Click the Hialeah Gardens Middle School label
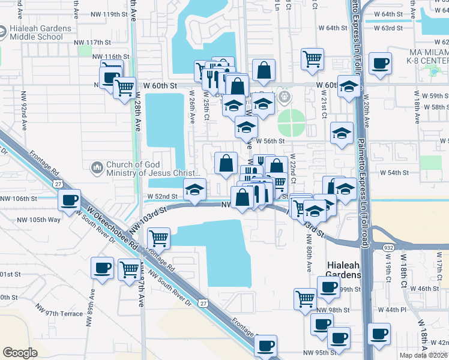[x=35, y=32]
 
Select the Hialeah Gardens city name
[x=343, y=269]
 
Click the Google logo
[x=20, y=353]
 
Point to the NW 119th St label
[x=103, y=14]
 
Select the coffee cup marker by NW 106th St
[x=70, y=200]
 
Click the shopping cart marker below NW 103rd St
[x=158, y=238]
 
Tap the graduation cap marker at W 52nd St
[x=194, y=190]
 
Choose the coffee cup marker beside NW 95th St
[x=266, y=346]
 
